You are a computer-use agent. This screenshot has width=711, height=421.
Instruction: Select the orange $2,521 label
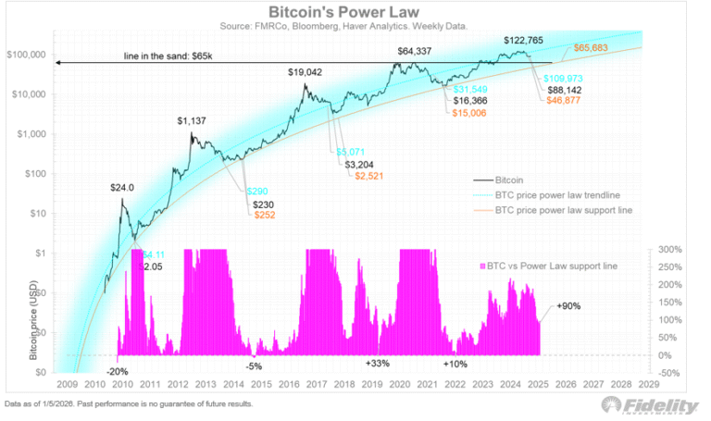tap(363, 174)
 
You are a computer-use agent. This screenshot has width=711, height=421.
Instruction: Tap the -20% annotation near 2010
tap(118, 370)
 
